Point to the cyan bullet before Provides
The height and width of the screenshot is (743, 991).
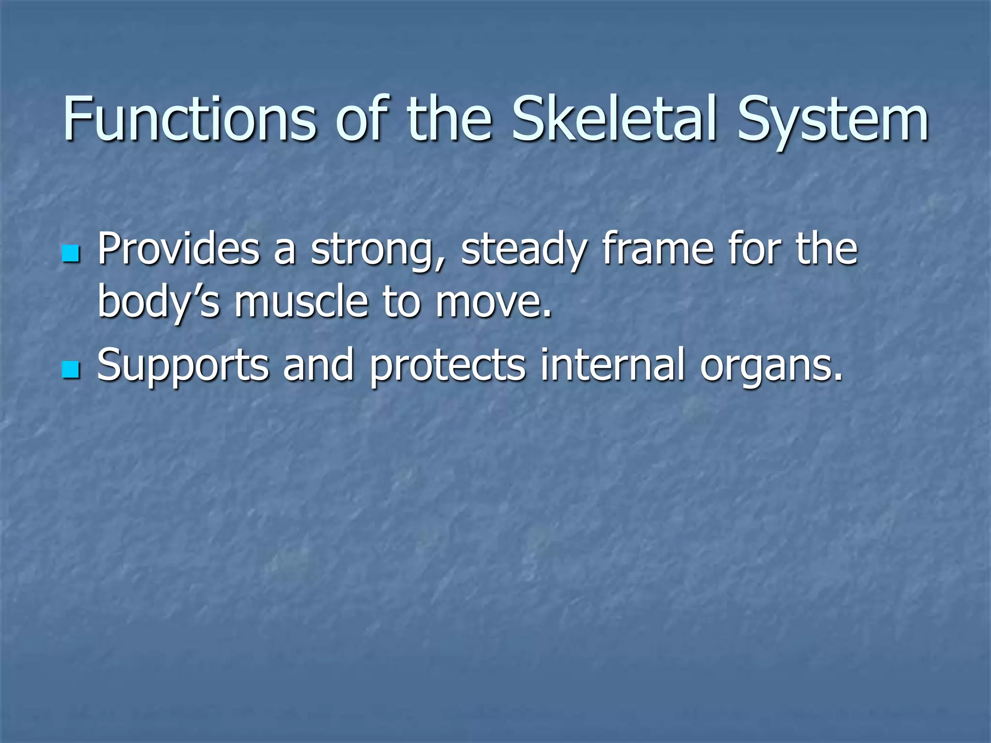(x=71, y=253)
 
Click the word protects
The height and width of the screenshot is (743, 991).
(x=448, y=367)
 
